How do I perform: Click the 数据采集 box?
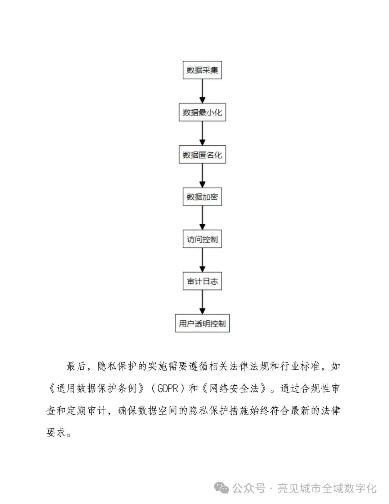pyautogui.click(x=202, y=70)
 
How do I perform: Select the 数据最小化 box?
pyautogui.click(x=202, y=113)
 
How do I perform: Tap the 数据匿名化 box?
pyautogui.click(x=202, y=155)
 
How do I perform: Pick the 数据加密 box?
pyautogui.click(x=202, y=197)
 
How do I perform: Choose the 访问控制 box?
pyautogui.click(x=202, y=239)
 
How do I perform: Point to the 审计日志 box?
pyautogui.click(x=202, y=281)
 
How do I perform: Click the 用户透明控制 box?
pyautogui.click(x=202, y=324)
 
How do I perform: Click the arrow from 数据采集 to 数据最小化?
pyautogui.click(x=202, y=91)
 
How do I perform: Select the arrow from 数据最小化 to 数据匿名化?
pyautogui.click(x=202, y=133)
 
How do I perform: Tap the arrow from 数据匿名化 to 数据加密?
pyautogui.click(x=202, y=176)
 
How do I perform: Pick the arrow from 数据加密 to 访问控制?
pyautogui.click(x=202, y=218)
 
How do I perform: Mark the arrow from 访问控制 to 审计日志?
pyautogui.click(x=202, y=260)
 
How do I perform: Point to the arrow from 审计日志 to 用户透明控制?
pyautogui.click(x=202, y=302)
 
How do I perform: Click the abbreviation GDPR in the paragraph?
pyautogui.click(x=168, y=389)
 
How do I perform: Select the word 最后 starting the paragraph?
pyautogui.click(x=76, y=367)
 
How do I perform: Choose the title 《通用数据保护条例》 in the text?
pyautogui.click(x=96, y=389)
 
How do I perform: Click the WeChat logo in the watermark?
pyautogui.click(x=222, y=488)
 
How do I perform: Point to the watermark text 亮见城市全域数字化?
pyautogui.click(x=327, y=488)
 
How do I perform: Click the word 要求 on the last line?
pyautogui.click(x=56, y=432)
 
